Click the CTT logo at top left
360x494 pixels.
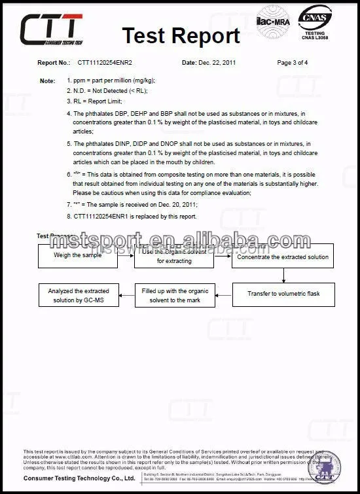point(52,29)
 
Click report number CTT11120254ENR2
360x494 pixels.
point(105,63)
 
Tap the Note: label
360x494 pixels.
point(47,80)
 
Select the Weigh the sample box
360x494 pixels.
point(78,256)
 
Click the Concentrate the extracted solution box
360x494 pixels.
point(283,256)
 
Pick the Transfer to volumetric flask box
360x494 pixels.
point(283,294)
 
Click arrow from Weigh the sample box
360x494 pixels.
point(126,256)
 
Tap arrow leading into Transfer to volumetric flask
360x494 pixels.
point(283,275)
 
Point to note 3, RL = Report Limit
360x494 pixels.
point(98,101)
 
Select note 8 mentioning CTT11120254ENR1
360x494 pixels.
point(135,216)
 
